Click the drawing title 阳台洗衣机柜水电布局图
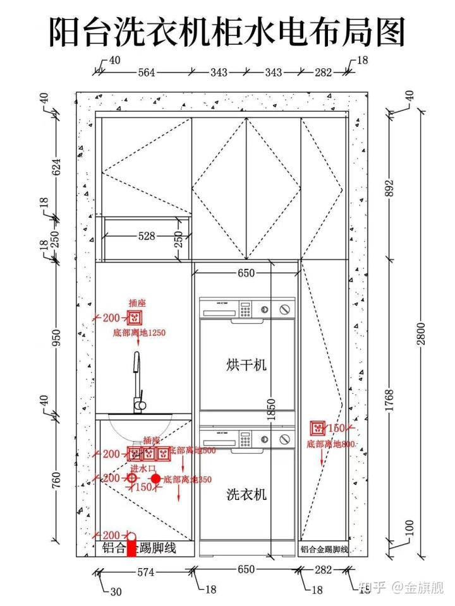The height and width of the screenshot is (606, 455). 227,32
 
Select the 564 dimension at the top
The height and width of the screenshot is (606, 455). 147,73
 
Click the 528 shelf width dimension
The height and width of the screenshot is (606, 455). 147,236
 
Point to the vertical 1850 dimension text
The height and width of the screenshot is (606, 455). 272,410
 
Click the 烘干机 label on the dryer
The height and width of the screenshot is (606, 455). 246,364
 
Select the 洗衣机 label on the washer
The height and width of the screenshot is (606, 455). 246,494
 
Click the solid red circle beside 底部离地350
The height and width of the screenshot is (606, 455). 156,479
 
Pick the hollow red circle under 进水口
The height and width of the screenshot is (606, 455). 131,479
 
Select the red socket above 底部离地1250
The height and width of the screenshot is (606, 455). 135,318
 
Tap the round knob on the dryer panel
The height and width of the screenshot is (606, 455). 286,309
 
